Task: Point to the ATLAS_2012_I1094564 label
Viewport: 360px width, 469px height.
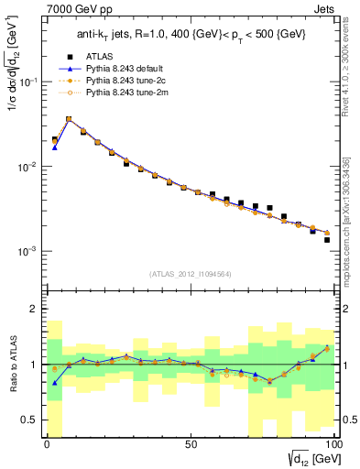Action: (190, 272)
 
